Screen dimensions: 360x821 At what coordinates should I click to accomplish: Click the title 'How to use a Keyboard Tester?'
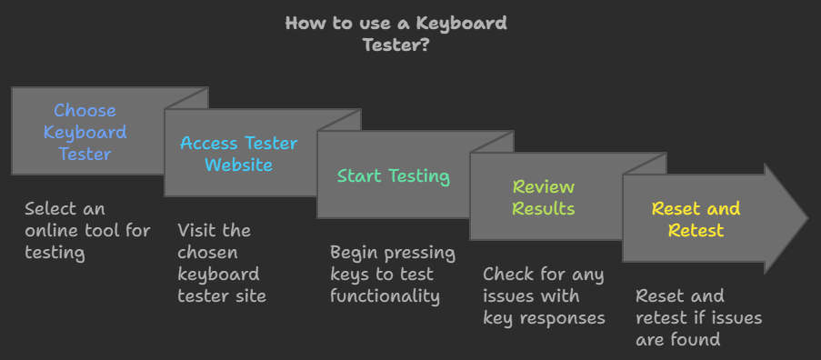(x=395, y=34)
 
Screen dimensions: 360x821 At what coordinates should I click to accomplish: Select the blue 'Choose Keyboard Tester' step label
(x=85, y=132)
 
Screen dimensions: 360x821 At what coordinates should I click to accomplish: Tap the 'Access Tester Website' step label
(x=238, y=154)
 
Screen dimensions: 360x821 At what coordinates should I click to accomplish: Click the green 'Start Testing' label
(x=393, y=175)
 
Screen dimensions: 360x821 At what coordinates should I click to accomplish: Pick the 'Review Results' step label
(x=544, y=197)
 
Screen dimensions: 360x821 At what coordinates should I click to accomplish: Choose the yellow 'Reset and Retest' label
(x=696, y=219)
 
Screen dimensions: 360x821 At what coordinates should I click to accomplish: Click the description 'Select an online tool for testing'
(x=87, y=230)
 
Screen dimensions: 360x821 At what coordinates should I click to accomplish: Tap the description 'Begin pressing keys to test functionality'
(x=392, y=274)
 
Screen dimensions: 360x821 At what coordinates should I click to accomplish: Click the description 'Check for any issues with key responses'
(x=544, y=295)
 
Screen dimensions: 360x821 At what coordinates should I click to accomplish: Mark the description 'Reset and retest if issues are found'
(x=698, y=317)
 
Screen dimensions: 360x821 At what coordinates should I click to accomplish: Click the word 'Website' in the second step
(x=238, y=165)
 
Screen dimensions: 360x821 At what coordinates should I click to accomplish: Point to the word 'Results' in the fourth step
(x=544, y=208)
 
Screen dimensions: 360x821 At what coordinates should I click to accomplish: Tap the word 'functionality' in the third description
(x=385, y=295)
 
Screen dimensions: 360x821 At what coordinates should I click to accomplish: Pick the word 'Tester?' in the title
(x=396, y=45)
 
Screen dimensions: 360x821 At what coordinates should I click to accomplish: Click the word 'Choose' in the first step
(x=85, y=110)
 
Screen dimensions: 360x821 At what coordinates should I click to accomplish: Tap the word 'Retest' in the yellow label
(x=696, y=230)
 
